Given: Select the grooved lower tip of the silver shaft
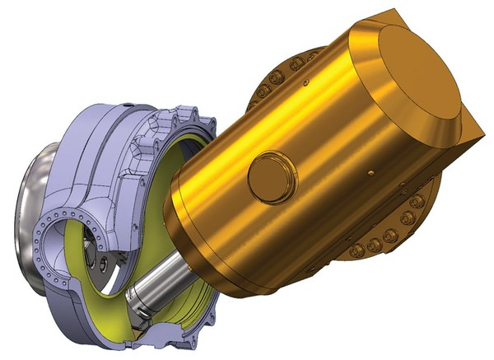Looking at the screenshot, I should [x=142, y=311].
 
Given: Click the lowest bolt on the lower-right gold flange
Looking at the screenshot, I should [x=356, y=250].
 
